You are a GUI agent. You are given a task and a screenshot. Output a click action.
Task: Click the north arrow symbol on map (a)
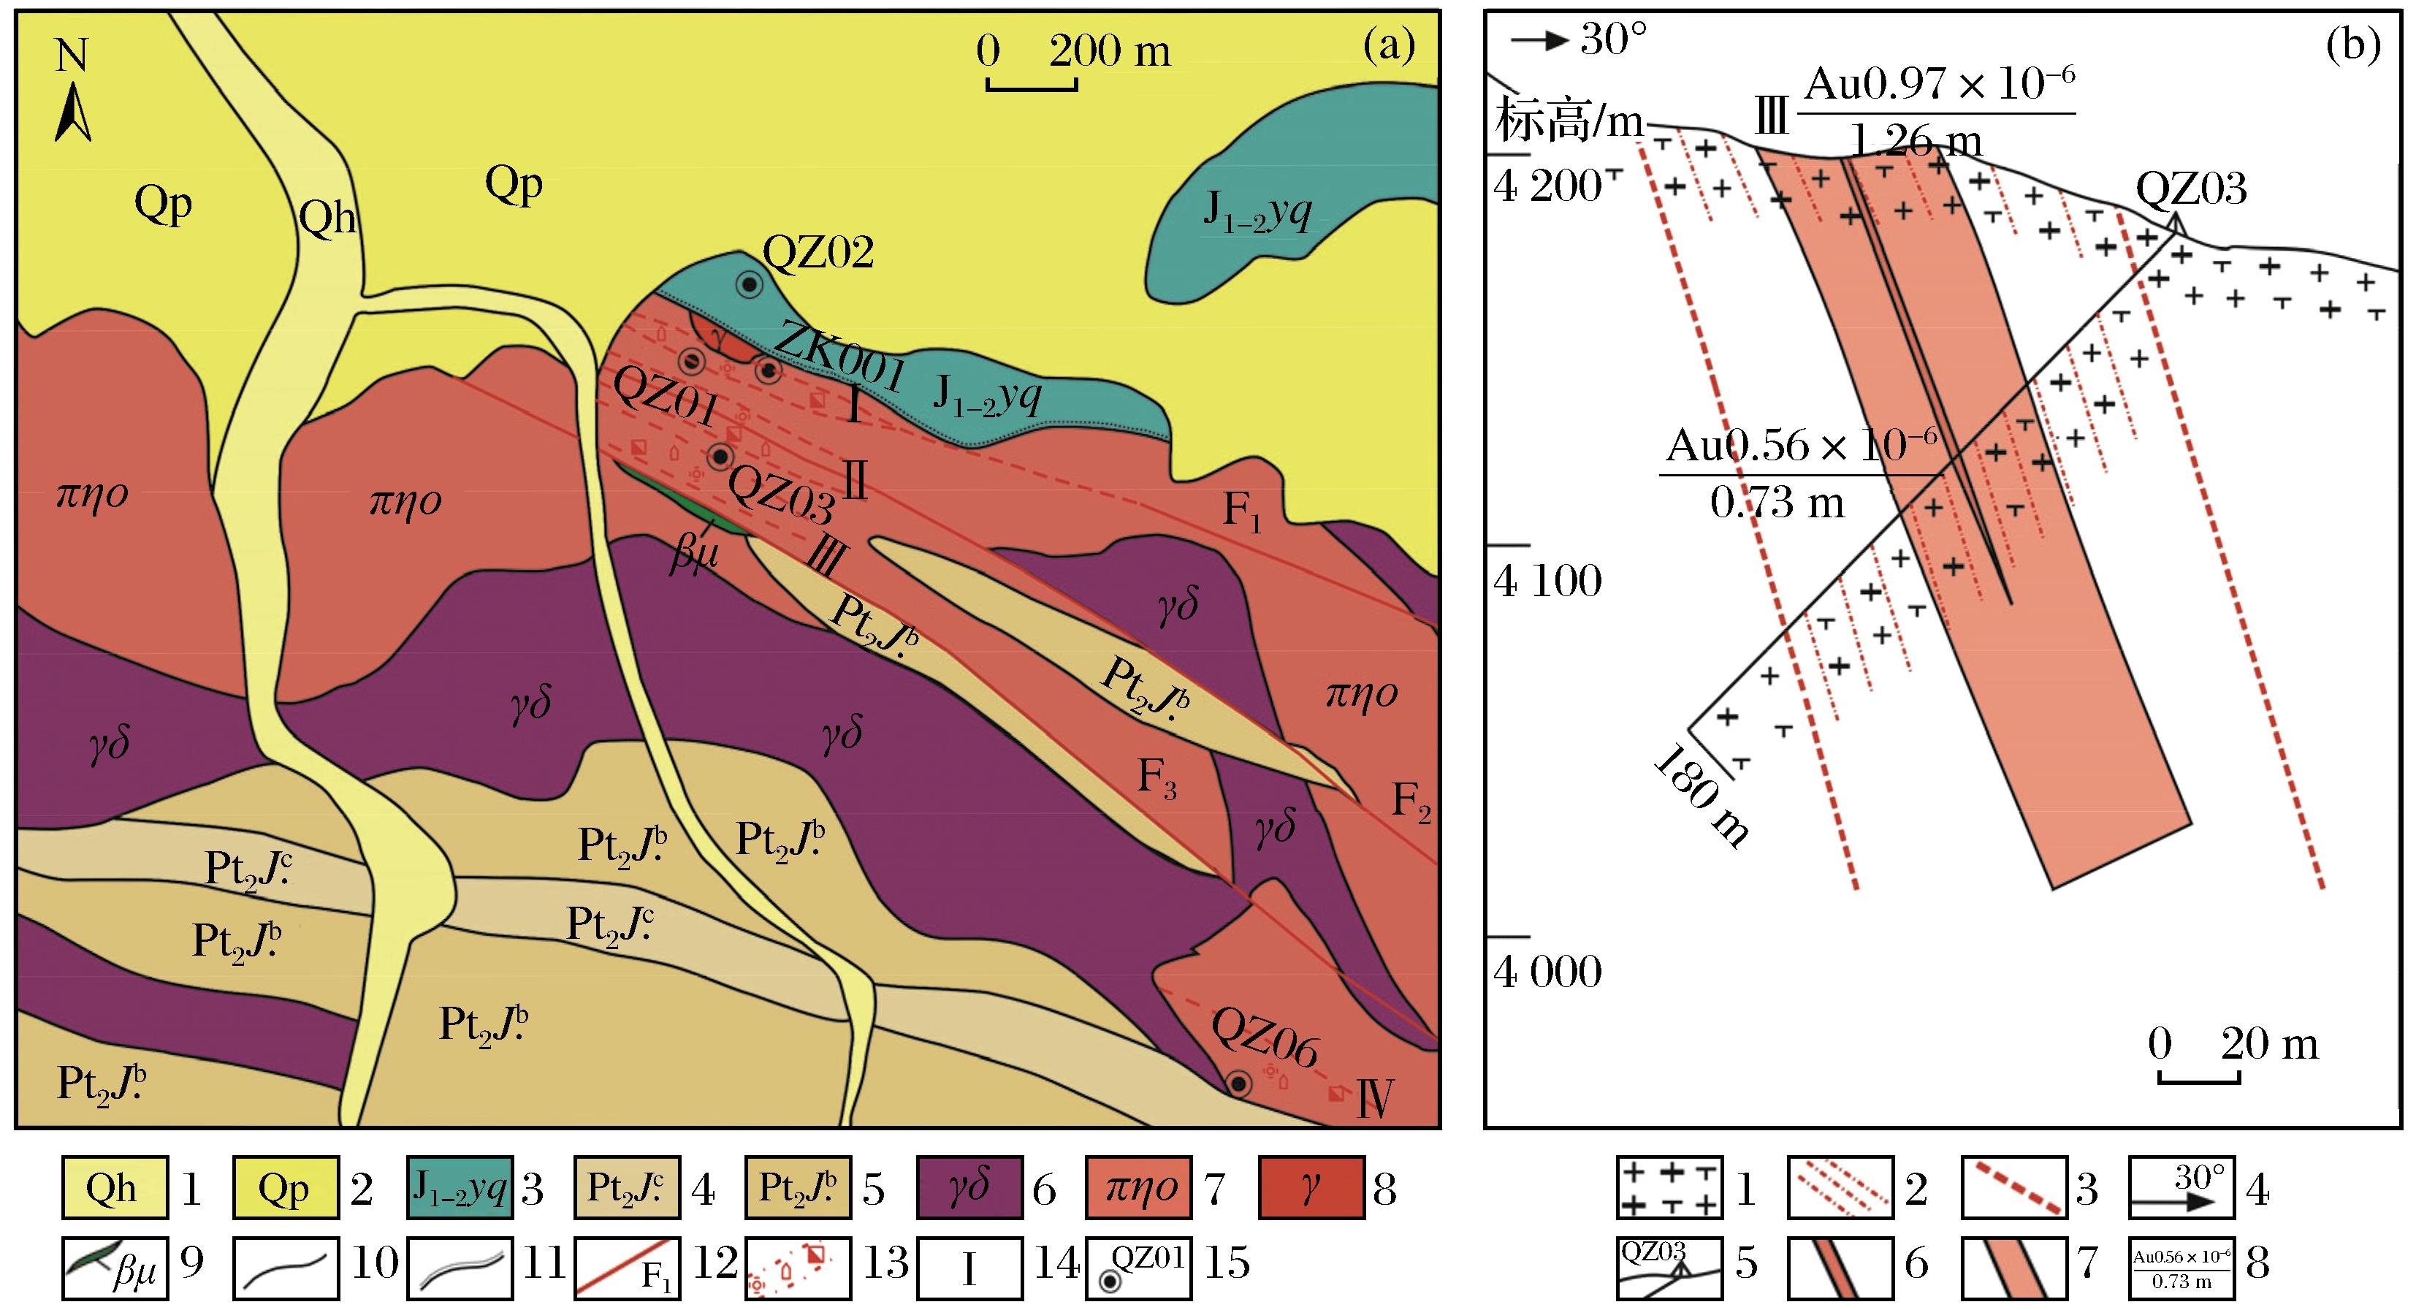click(x=72, y=113)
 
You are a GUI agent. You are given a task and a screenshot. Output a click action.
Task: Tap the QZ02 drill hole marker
click(x=748, y=284)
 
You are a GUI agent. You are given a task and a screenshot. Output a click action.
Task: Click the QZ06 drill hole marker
click(x=1239, y=1085)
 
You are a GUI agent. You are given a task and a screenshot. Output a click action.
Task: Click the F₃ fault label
click(x=1156, y=777)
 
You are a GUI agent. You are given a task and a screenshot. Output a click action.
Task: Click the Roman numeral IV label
click(x=1375, y=1099)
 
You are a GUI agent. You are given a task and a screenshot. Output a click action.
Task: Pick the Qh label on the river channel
click(x=327, y=218)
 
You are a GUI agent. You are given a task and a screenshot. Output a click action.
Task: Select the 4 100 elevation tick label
click(x=1547, y=582)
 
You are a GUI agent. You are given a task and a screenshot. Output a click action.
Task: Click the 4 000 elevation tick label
click(x=1547, y=972)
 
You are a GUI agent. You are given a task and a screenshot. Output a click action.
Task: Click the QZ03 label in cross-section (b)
click(x=2191, y=188)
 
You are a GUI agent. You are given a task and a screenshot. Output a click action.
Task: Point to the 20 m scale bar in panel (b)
click(x=2198, y=1079)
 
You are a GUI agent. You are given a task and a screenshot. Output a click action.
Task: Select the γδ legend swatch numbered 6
click(x=969, y=1188)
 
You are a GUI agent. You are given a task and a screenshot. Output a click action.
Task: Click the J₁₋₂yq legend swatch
click(x=460, y=1188)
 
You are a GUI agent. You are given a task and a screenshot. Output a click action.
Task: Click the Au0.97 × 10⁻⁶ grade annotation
click(x=1939, y=85)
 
